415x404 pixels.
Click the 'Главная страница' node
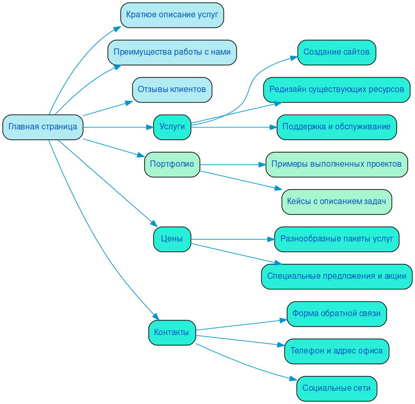pos(43,127)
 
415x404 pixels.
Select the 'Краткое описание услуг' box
pos(172,15)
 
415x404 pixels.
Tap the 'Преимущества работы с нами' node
pos(172,52)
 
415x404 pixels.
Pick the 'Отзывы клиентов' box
pos(172,89)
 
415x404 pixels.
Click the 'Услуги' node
pos(172,127)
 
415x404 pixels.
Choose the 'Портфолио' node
pos(172,164)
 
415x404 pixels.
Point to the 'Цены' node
pos(172,239)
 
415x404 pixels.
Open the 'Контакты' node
pos(172,332)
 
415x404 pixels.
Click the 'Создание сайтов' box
pos(337,52)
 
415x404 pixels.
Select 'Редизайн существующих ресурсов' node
pos(337,89)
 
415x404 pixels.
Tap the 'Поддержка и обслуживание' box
pos(337,127)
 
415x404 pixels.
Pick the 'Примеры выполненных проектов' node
pos(337,164)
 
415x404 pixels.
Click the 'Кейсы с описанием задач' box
pos(337,201)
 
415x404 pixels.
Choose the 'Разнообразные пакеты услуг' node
pos(337,239)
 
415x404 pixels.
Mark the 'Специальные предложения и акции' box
pos(337,276)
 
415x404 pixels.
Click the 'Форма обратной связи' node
pos(337,314)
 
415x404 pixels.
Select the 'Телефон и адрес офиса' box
pos(337,351)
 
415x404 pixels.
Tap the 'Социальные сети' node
pos(337,388)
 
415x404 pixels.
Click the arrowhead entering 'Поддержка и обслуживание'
pos(273,127)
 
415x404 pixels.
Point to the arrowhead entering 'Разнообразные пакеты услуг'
pos(271,239)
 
